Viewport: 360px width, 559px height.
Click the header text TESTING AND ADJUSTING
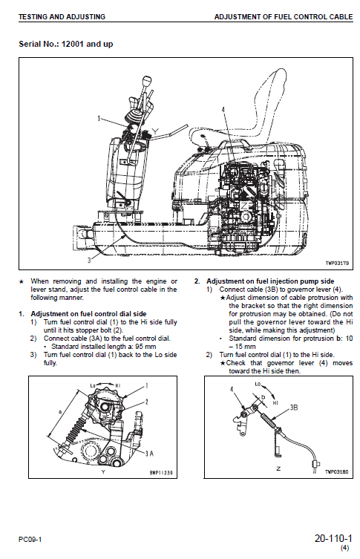62,16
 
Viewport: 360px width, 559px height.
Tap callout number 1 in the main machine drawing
99,118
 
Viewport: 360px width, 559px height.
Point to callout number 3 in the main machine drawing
89,261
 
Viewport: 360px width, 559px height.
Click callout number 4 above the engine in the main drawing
222,110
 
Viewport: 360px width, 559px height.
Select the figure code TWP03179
336,262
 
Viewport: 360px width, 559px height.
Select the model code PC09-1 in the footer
30,539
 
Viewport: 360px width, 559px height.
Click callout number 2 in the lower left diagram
147,401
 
